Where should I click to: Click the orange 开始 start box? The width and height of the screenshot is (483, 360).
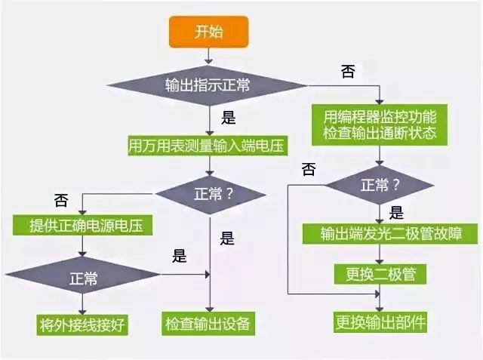tap(209, 32)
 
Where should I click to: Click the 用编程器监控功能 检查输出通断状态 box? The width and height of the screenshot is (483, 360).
tap(380, 125)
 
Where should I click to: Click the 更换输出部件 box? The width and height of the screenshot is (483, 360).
tap(380, 322)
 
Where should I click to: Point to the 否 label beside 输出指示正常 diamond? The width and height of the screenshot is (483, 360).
tap(347, 72)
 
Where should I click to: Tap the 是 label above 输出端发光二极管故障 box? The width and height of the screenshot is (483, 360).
tap(395, 212)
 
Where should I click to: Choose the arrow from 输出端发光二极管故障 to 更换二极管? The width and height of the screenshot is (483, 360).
tap(380, 253)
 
